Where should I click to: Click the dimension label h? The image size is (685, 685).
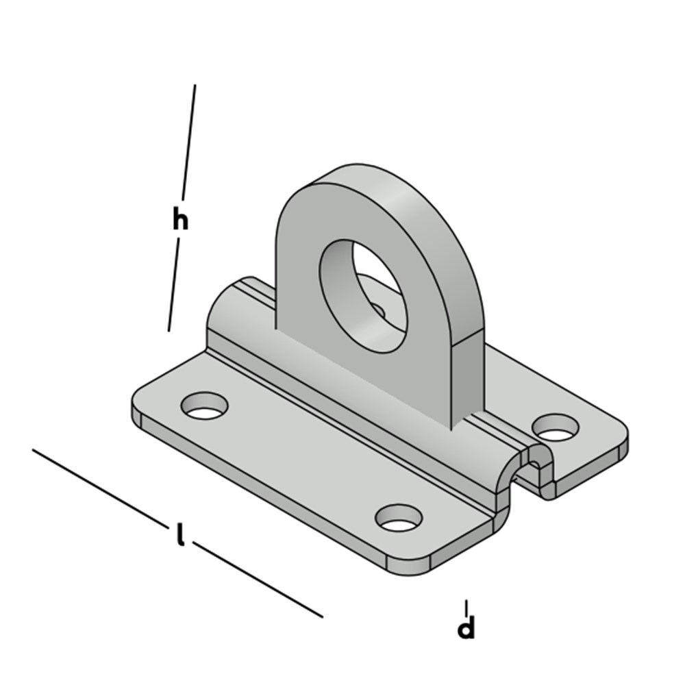click(x=180, y=220)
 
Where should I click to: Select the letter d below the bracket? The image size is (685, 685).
click(x=466, y=628)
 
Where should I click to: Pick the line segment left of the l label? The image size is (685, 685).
click(x=99, y=486)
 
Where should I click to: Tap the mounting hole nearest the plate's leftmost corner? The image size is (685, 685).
click(x=204, y=406)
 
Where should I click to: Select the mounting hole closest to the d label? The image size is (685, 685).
click(x=399, y=518)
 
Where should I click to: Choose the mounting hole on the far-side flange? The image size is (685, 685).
click(x=555, y=427)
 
